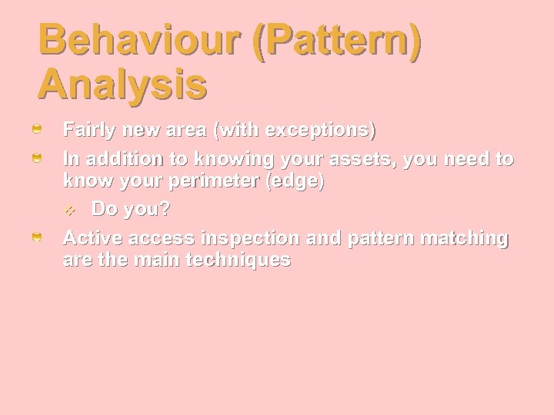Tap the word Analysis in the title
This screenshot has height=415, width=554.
pos(122,85)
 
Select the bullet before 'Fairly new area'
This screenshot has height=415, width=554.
pos(37,131)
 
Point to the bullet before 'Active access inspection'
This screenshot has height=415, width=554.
pos(37,239)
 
